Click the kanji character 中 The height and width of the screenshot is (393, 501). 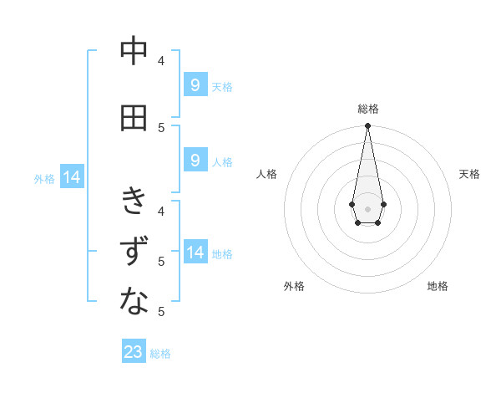point(134,51)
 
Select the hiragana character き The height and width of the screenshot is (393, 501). point(134,201)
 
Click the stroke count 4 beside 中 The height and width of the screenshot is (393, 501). point(162,60)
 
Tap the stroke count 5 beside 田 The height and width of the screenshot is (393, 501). point(162,127)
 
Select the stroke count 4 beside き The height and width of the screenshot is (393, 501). point(162,211)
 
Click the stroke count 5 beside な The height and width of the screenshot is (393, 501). point(162,312)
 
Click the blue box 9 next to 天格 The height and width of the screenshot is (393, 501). point(195,84)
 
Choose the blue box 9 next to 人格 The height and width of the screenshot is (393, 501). point(195,161)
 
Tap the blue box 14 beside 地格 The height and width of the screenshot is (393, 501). point(195,253)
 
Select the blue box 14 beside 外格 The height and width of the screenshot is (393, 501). point(71,177)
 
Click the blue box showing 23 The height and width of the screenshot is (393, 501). point(134,352)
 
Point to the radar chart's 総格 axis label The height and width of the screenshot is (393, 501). point(367,109)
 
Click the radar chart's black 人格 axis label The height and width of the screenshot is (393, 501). point(267,174)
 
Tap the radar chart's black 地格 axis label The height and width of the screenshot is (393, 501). point(438,286)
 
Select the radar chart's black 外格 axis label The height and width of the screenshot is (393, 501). point(294,286)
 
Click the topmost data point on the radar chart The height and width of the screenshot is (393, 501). point(367,126)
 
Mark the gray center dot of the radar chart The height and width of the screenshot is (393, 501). point(367,208)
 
